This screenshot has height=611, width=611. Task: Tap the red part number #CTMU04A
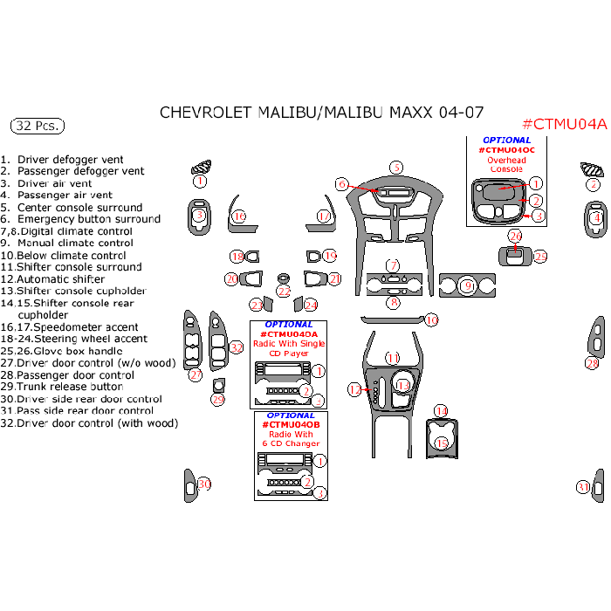coord(563,124)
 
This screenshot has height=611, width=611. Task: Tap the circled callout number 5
coord(395,168)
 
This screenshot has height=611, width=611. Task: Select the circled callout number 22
coord(284,292)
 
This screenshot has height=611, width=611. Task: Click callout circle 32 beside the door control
coord(237,347)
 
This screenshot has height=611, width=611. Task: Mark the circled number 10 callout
coord(431,321)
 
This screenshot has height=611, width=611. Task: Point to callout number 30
coord(204,484)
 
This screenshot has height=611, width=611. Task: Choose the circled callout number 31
coord(582,487)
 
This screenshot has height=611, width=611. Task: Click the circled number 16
coord(238,216)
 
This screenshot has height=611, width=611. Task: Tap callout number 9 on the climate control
coord(467,285)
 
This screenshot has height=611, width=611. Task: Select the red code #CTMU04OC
coord(506,150)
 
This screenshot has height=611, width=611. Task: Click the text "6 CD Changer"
coord(290,443)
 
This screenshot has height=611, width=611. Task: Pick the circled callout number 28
coord(592,364)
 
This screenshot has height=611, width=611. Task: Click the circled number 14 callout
coord(442,411)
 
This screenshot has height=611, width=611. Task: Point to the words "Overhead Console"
coord(506,165)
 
